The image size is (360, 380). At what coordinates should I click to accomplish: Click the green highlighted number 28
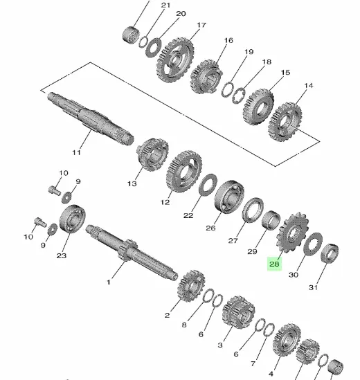coord(274,264)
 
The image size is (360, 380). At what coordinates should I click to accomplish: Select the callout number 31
coord(313,287)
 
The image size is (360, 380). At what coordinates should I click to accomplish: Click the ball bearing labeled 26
coord(229,197)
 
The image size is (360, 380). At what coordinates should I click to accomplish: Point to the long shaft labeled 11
coord(90,118)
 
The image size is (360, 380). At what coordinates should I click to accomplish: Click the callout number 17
coord(201,25)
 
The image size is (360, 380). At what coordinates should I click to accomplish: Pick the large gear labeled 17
coord(175,60)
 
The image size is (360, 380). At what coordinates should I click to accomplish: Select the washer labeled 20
coord(153,48)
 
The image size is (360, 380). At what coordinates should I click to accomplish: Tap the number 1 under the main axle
coord(109,282)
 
